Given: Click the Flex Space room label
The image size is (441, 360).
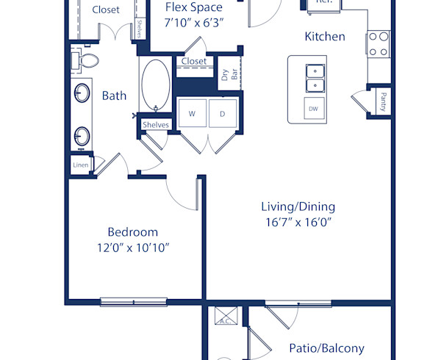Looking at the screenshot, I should pyautogui.click(x=193, y=7).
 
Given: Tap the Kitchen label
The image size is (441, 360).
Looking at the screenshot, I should pyautogui.click(x=325, y=36).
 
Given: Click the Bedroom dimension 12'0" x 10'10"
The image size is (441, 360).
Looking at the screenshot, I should pyautogui.click(x=132, y=248).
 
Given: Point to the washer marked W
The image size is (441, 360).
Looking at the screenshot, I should pyautogui.click(x=192, y=114).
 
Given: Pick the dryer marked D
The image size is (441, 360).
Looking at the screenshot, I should pyautogui.click(x=223, y=114).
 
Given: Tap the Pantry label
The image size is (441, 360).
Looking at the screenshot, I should pyautogui.click(x=383, y=101).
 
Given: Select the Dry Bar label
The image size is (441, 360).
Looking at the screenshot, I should pyautogui.click(x=229, y=75).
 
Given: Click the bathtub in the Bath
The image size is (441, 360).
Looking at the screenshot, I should pyautogui.click(x=155, y=84).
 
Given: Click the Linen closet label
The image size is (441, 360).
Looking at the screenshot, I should pyautogui.click(x=80, y=165).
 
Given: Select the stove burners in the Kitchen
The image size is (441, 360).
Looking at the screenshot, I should pyautogui.click(x=378, y=43).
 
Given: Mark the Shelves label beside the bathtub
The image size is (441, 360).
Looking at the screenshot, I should pyautogui.click(x=156, y=125).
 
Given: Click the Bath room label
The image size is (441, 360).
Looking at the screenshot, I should pyautogui.click(x=114, y=96).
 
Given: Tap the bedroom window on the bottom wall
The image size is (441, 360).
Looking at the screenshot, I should pyautogui.click(x=128, y=300).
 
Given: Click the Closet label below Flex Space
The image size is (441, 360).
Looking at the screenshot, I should pyautogui.click(x=194, y=61).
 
